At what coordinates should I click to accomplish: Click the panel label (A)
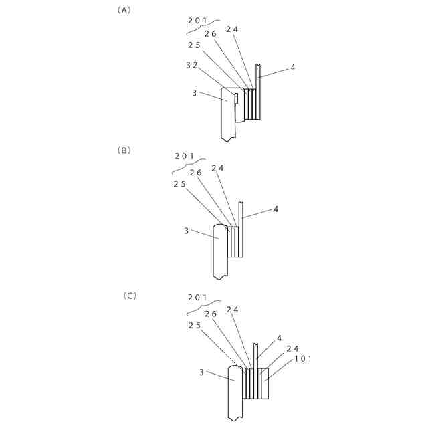[124, 11]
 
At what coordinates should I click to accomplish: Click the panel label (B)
[124, 150]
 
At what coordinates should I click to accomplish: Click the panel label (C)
[130, 295]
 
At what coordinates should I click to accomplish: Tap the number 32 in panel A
[191, 65]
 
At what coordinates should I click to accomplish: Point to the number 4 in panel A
[292, 68]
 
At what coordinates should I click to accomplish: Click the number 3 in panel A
[195, 93]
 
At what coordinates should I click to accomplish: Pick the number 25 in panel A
[194, 45]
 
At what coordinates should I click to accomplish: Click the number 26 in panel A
[210, 34]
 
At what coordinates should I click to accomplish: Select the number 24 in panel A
[232, 29]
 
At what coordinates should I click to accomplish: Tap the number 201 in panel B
[184, 156]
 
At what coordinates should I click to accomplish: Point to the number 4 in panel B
[276, 209]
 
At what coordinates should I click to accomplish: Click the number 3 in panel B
[187, 231]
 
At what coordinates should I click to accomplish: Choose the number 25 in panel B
[179, 184]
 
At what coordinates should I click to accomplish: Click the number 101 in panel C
[304, 358]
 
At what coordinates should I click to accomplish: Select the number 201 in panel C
[197, 297]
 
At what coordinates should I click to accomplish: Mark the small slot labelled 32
[236, 98]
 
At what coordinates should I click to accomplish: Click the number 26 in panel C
[210, 314]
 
